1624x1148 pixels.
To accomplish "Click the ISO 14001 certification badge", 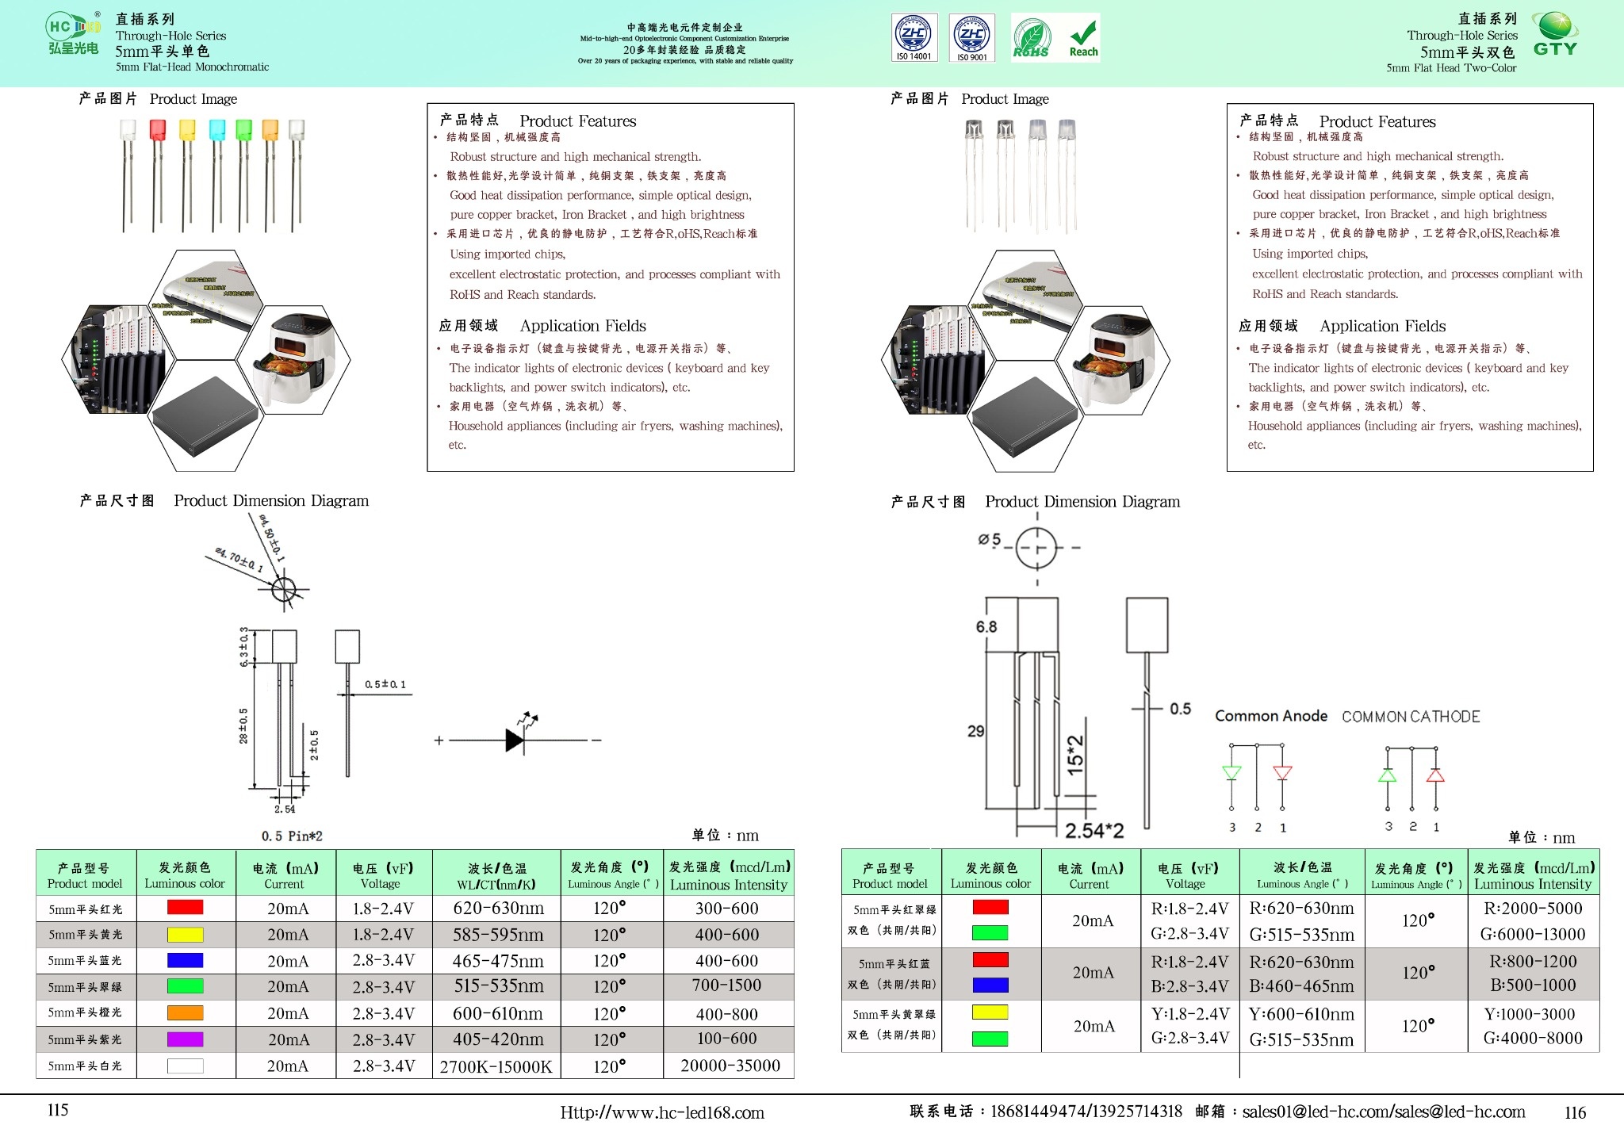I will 914,37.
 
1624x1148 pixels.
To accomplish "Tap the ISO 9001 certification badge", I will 972,37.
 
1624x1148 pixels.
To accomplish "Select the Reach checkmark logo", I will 1083,38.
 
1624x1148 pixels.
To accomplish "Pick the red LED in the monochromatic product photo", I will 157,130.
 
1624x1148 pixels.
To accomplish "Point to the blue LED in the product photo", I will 216,130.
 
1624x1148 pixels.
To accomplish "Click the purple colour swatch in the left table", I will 185,1039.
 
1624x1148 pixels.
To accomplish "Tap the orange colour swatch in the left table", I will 185,1012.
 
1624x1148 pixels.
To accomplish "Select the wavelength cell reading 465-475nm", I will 498,961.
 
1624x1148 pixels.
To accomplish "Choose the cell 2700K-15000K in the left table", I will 496,1066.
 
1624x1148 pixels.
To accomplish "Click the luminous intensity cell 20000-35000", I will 730,1066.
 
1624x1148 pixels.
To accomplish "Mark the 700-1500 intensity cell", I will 726,985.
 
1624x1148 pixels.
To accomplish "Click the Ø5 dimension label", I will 989,540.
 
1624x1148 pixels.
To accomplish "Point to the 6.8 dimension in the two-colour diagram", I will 986,626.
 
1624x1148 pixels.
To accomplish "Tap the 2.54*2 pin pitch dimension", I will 1094,830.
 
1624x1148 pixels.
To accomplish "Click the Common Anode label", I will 1270,716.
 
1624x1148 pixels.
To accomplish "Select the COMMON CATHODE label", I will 1411,717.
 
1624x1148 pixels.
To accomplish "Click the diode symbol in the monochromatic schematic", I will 515,740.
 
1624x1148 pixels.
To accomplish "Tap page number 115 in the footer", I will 58,1110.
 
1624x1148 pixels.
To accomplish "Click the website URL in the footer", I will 662,1112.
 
